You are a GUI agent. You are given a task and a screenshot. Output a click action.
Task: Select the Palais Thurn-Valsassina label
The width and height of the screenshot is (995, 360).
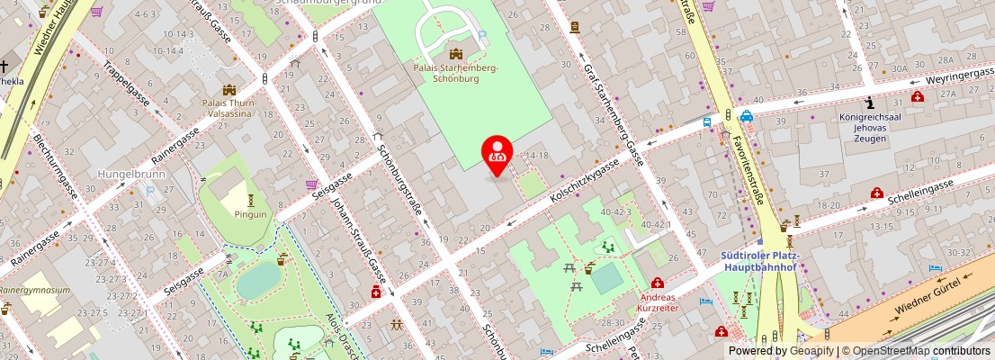pyautogui.click(x=229, y=108)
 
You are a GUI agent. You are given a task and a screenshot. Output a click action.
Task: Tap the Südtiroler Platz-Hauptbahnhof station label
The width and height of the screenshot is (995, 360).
pyautogui.click(x=760, y=260)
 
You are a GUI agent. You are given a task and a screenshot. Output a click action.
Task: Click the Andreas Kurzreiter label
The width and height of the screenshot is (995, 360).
pyautogui.click(x=659, y=301)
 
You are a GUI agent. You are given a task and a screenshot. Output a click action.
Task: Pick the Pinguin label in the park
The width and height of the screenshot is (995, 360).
pyautogui.click(x=251, y=214)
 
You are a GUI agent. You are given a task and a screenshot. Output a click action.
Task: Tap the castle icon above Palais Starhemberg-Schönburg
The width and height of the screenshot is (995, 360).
pyautogui.click(x=455, y=53)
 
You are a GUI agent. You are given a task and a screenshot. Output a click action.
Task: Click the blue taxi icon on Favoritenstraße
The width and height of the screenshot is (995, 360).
pyautogui.click(x=747, y=115)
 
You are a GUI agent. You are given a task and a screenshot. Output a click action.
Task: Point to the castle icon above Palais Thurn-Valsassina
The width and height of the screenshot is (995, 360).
pyautogui.click(x=229, y=89)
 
